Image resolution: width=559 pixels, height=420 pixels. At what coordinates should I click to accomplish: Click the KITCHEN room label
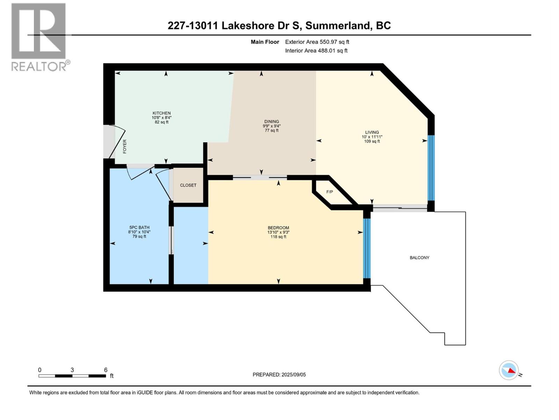click(161, 113)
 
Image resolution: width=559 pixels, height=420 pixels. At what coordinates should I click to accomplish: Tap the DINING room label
click(271, 121)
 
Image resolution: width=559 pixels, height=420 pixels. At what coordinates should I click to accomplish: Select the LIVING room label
click(372, 132)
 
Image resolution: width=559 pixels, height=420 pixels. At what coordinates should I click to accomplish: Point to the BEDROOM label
click(278, 227)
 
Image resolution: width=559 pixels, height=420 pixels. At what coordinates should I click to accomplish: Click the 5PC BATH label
click(139, 227)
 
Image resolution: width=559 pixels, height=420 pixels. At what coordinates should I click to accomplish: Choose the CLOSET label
click(188, 185)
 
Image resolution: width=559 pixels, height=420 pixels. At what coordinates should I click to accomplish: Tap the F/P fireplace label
click(329, 192)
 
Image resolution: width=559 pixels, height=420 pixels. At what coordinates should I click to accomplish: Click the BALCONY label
click(419, 258)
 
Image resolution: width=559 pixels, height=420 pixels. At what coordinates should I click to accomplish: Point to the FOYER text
click(125, 146)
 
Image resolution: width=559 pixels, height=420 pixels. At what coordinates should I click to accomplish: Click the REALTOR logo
click(39, 37)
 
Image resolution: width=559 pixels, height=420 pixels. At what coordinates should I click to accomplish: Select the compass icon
click(509, 370)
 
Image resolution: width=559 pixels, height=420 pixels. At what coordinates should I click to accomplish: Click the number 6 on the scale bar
click(106, 370)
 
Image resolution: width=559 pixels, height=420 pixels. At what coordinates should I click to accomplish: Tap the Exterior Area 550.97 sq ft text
click(317, 42)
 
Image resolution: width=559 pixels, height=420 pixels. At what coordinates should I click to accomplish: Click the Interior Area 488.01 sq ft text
click(316, 50)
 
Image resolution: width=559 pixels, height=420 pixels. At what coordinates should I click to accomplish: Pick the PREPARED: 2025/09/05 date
click(279, 374)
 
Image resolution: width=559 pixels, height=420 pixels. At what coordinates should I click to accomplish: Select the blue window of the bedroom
click(366, 248)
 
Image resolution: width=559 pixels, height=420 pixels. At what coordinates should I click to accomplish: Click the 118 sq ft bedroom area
click(278, 237)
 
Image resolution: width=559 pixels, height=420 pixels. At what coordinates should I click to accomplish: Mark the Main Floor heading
click(265, 42)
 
